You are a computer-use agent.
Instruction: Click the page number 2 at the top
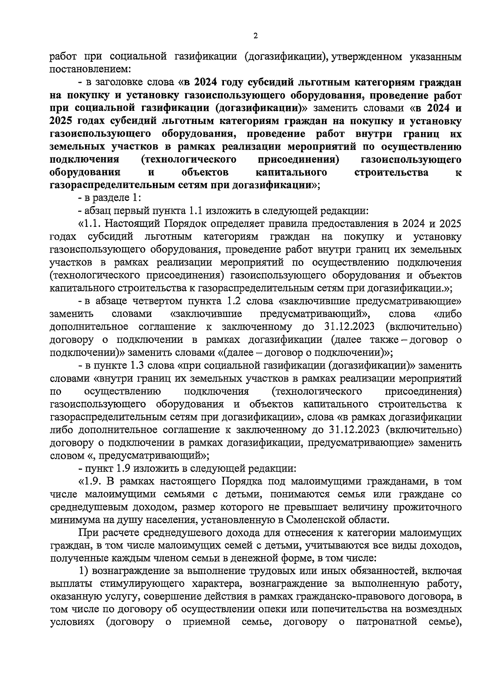point(255,36)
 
